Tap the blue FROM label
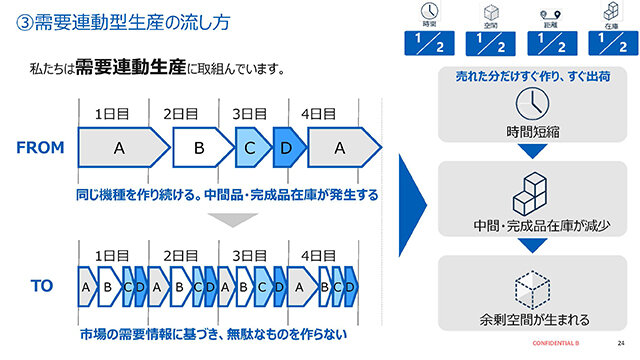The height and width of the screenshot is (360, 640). tap(40, 148)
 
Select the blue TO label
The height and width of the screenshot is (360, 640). tap(41, 286)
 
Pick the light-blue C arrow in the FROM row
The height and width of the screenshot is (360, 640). tap(251, 148)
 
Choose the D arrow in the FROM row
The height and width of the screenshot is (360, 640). tap(287, 148)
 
